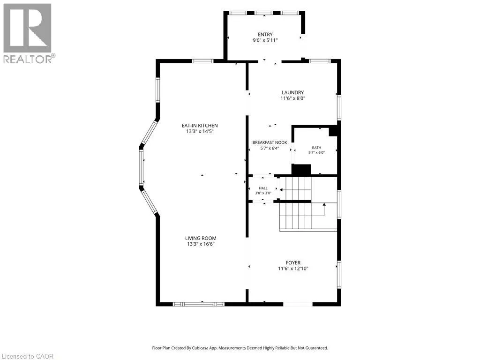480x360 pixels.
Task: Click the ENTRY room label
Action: coord(265,35)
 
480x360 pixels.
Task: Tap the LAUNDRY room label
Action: coord(292,92)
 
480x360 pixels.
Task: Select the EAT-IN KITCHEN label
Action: coord(200,126)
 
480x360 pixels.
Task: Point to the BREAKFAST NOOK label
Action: coord(270,142)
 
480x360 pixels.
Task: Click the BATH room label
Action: coord(316,148)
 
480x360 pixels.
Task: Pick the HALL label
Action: coord(263,188)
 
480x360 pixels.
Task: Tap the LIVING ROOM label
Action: coord(201,238)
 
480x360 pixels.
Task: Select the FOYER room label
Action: coord(293,262)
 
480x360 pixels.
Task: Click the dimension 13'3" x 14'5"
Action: coord(200,132)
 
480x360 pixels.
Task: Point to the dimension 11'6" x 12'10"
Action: coord(293,269)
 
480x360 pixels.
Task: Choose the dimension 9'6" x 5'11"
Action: coord(265,40)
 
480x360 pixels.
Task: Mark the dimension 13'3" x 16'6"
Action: coord(201,244)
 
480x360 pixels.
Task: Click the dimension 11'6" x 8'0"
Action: coord(293,98)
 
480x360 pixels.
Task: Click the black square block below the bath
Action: coord(301,170)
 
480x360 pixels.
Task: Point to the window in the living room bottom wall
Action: coord(199,304)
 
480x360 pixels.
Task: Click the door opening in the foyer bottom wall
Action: coord(298,304)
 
